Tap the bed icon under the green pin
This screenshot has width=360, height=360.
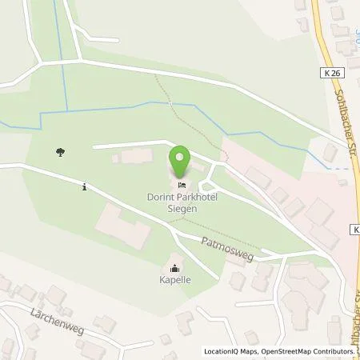point(180,185)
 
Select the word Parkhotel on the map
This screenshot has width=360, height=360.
point(198,196)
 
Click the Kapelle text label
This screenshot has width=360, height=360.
point(174,281)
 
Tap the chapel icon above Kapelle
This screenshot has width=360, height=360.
point(175,268)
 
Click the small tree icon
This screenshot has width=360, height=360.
point(59,150)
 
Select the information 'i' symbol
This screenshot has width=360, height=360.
point(85,187)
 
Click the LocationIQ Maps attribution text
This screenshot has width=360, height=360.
point(229,351)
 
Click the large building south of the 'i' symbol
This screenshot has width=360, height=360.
point(124,225)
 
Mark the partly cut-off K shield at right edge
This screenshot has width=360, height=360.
point(354,230)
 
